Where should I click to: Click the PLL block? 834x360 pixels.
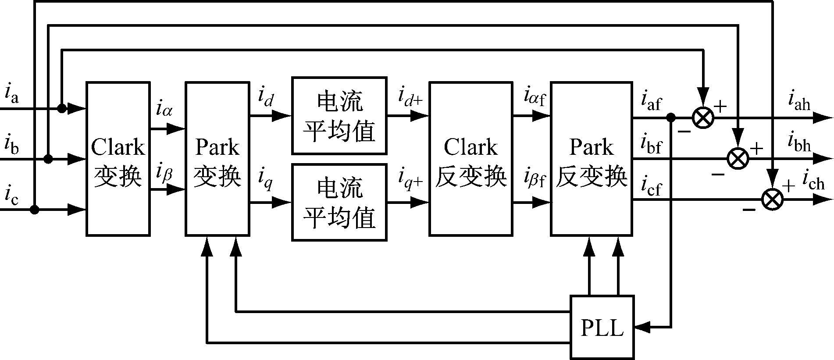[x=602, y=327]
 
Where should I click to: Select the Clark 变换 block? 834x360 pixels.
[x=118, y=159]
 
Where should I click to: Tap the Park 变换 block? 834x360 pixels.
[x=217, y=159]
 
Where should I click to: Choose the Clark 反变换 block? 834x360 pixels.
[x=470, y=159]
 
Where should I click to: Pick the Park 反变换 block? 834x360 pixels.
[x=591, y=159]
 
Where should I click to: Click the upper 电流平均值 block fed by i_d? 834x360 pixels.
[x=339, y=116]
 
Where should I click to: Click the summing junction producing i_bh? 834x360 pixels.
[x=738, y=159]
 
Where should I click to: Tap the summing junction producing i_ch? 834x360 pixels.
[x=773, y=200]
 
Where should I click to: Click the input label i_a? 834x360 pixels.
[x=11, y=93]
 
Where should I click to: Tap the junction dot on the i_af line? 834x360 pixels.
[x=670, y=118]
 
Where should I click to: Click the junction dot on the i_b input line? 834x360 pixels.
[x=48, y=159]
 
